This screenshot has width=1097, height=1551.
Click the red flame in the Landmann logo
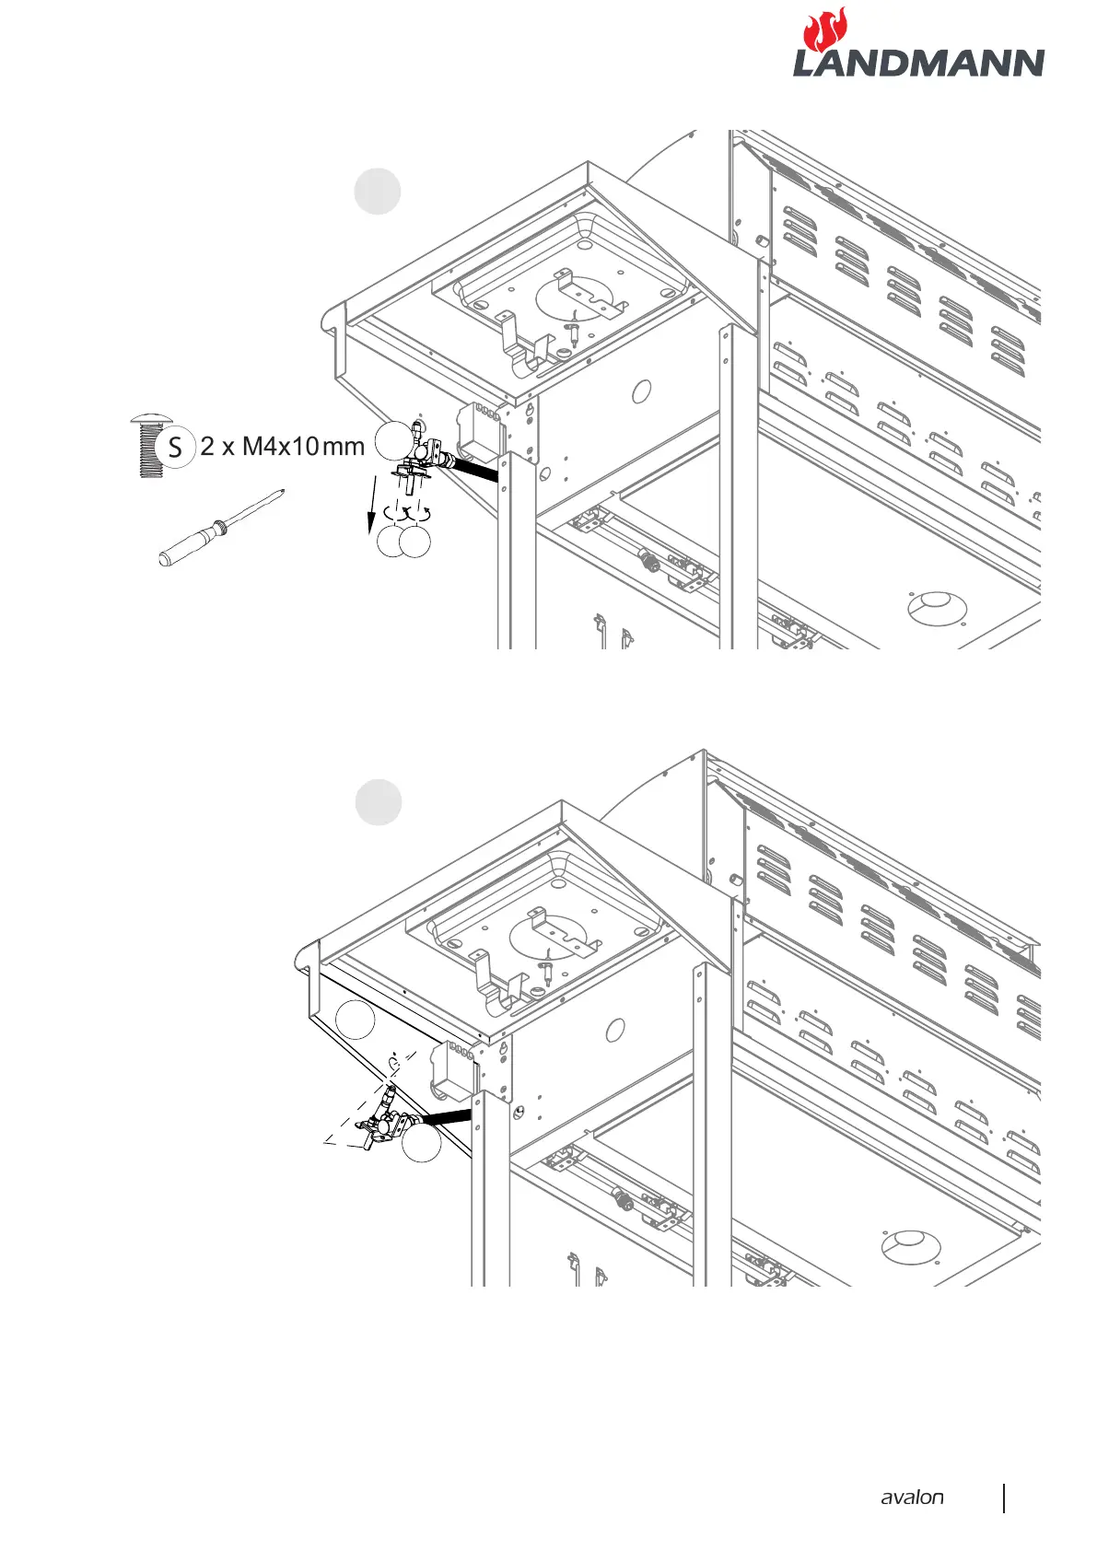(825, 29)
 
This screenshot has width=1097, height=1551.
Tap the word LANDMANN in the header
(918, 64)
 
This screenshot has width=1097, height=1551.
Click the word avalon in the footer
(912, 1497)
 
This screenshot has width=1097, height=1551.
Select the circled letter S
(175, 448)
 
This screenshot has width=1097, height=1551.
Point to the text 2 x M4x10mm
(283, 447)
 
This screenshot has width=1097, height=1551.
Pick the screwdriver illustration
(221, 528)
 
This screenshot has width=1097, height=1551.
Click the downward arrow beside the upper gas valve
(372, 505)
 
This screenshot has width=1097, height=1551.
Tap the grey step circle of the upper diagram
(378, 192)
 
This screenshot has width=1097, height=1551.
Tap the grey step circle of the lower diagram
(379, 802)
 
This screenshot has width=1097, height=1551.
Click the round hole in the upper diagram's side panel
(641, 391)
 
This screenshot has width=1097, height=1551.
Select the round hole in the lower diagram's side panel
(615, 1030)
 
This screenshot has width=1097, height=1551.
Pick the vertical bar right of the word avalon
(1003, 1498)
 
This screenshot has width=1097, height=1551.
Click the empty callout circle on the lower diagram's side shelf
(355, 1020)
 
